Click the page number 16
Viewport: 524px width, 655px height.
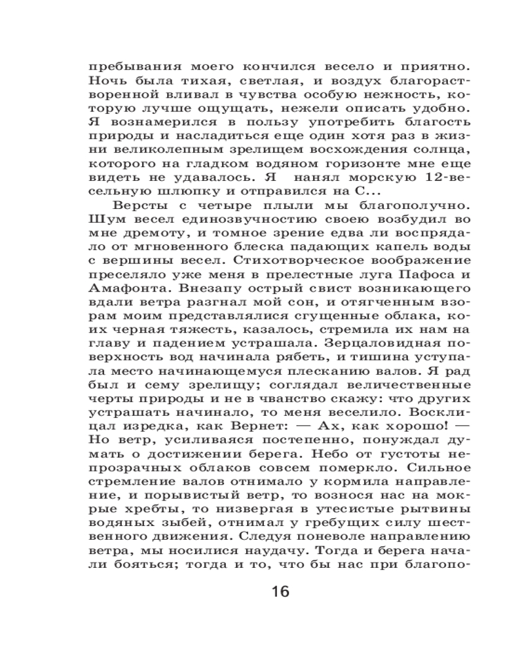pos(279,592)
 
